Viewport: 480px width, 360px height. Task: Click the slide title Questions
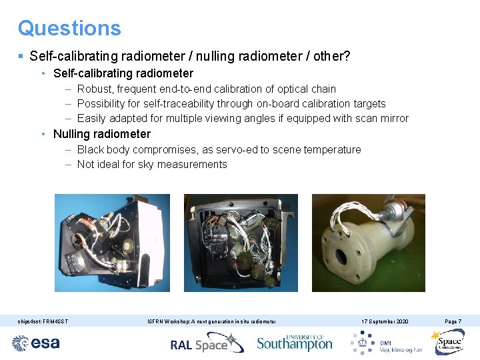69,28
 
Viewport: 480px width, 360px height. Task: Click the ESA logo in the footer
36,343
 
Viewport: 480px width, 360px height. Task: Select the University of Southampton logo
294,343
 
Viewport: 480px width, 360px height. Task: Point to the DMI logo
387,343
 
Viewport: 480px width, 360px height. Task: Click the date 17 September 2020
385,322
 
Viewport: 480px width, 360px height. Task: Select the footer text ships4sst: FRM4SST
43,322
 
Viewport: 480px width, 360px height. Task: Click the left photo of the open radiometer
111,243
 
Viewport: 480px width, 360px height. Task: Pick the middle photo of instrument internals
240,243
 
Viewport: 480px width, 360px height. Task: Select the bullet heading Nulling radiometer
102,134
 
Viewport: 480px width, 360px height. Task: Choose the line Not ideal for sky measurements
152,164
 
